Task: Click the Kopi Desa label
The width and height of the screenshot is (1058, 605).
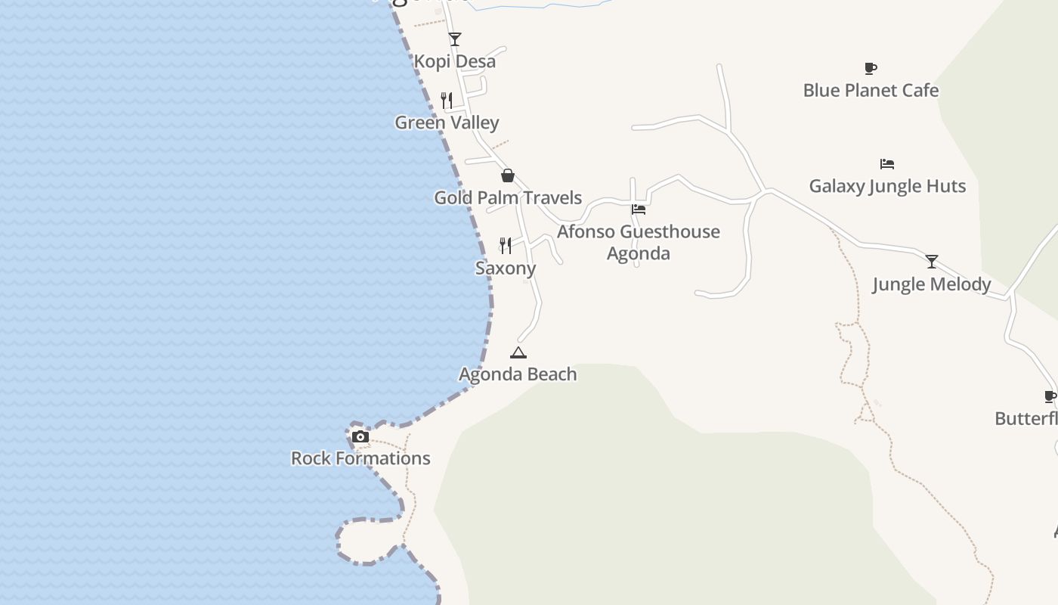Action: pyautogui.click(x=455, y=61)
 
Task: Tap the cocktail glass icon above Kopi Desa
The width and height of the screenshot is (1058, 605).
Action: pyautogui.click(x=454, y=39)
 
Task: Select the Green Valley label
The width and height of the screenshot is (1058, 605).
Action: pyautogui.click(x=447, y=123)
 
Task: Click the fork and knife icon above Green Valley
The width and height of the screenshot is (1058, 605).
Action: pyautogui.click(x=447, y=100)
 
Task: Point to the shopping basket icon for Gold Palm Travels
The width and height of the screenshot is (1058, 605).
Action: pyautogui.click(x=508, y=175)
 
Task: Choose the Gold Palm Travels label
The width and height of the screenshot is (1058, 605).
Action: pyautogui.click(x=508, y=197)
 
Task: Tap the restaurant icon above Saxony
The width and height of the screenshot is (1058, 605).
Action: pyautogui.click(x=506, y=245)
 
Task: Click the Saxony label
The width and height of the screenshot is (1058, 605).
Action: pyautogui.click(x=506, y=268)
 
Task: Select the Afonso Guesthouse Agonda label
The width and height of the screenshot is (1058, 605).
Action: pyautogui.click(x=639, y=242)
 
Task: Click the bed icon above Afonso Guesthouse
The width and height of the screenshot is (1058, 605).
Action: pyautogui.click(x=639, y=209)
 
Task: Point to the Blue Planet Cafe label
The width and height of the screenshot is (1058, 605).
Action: pyautogui.click(x=871, y=90)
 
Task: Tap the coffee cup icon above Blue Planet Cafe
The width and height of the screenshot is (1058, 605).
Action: pyautogui.click(x=871, y=68)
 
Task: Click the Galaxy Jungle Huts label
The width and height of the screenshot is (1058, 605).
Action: pyautogui.click(x=887, y=186)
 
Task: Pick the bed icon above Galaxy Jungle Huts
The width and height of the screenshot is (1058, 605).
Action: pyautogui.click(x=887, y=163)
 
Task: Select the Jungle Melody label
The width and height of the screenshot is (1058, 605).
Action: pyautogui.click(x=931, y=284)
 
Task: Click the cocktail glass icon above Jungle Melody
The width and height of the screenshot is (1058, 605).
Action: pyautogui.click(x=932, y=262)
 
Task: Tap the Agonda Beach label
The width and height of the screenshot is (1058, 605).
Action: pyautogui.click(x=518, y=374)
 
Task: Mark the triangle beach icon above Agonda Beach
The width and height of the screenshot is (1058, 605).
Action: pyautogui.click(x=518, y=352)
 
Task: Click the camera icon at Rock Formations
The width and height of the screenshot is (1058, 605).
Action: pyautogui.click(x=360, y=436)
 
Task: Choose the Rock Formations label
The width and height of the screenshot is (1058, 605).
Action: pyautogui.click(x=360, y=458)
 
